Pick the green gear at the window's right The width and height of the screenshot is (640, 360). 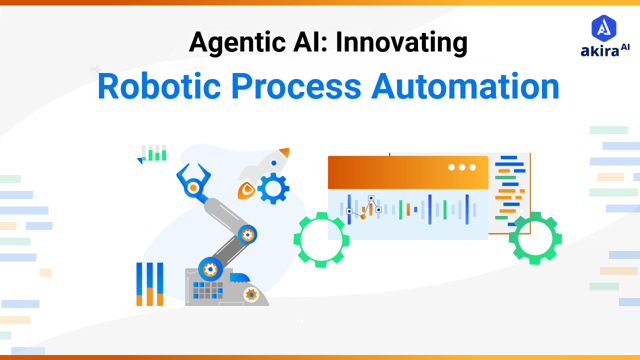(535, 239)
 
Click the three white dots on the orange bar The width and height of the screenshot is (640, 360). (462, 167)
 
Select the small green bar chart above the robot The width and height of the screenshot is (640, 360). (153, 153)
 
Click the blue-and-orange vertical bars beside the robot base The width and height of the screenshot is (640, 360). (149, 284)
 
